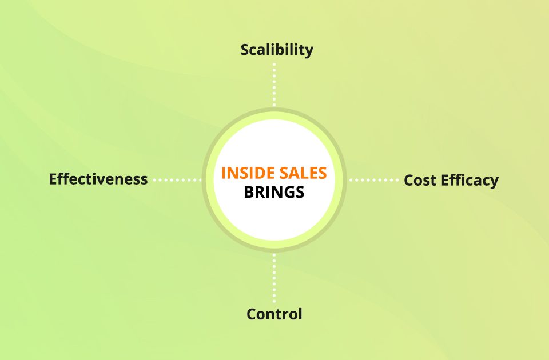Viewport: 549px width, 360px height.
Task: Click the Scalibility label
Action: [x=277, y=50]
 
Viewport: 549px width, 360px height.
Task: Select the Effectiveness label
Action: [x=98, y=179]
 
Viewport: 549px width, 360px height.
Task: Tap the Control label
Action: [x=274, y=314]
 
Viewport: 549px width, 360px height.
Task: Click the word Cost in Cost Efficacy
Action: [x=419, y=181]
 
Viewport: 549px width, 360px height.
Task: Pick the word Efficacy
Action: [x=468, y=181]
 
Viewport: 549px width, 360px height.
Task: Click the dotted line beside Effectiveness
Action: [x=177, y=179]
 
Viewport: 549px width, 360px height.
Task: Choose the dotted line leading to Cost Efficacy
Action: [x=374, y=180]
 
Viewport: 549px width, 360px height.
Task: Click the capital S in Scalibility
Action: [x=245, y=50]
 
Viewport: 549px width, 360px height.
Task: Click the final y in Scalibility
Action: [x=309, y=51]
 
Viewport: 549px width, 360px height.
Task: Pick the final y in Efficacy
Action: [x=494, y=182]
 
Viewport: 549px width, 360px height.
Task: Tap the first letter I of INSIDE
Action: [x=223, y=173]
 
